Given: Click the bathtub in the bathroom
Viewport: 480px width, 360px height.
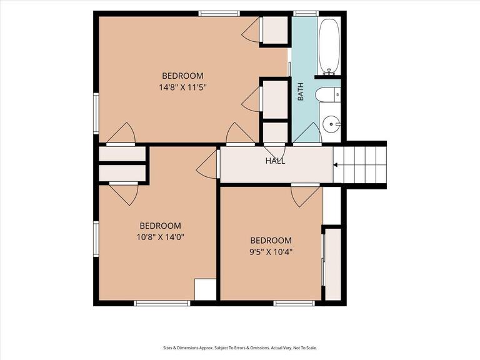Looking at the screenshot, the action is click(329, 45).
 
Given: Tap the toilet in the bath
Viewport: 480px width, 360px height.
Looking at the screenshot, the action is click(328, 94).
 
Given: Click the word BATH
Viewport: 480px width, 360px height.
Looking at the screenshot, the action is click(301, 91).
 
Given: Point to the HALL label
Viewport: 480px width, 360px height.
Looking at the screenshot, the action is click(275, 161).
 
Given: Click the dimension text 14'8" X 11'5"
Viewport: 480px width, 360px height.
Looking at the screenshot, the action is click(182, 87).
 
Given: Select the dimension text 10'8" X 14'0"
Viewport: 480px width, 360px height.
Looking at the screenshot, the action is click(160, 237).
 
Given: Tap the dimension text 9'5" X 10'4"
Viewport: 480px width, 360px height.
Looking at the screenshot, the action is click(271, 252).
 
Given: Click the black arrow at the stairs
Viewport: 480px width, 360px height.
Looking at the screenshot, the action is click(336, 165).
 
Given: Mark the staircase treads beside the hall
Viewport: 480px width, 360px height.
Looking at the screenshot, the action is click(360, 165).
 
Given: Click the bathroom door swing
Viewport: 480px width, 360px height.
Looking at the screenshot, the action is click(307, 133).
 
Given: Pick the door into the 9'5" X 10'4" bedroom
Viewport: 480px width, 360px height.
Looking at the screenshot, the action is click(305, 195).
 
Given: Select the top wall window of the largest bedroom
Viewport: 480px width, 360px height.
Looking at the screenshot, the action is click(219, 14).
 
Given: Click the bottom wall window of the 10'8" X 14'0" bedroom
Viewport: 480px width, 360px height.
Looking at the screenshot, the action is click(162, 303).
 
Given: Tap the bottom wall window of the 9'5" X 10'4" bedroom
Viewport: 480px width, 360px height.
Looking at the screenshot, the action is click(294, 303).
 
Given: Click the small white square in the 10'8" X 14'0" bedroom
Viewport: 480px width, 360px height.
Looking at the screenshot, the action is click(206, 289).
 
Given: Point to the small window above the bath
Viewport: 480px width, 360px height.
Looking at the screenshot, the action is click(306, 14).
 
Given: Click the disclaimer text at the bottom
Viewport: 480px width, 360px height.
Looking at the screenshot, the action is click(240, 347).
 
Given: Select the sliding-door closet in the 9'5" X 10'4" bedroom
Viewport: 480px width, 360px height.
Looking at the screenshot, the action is click(332, 264).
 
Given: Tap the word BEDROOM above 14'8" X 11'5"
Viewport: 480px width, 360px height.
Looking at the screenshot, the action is click(182, 76).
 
